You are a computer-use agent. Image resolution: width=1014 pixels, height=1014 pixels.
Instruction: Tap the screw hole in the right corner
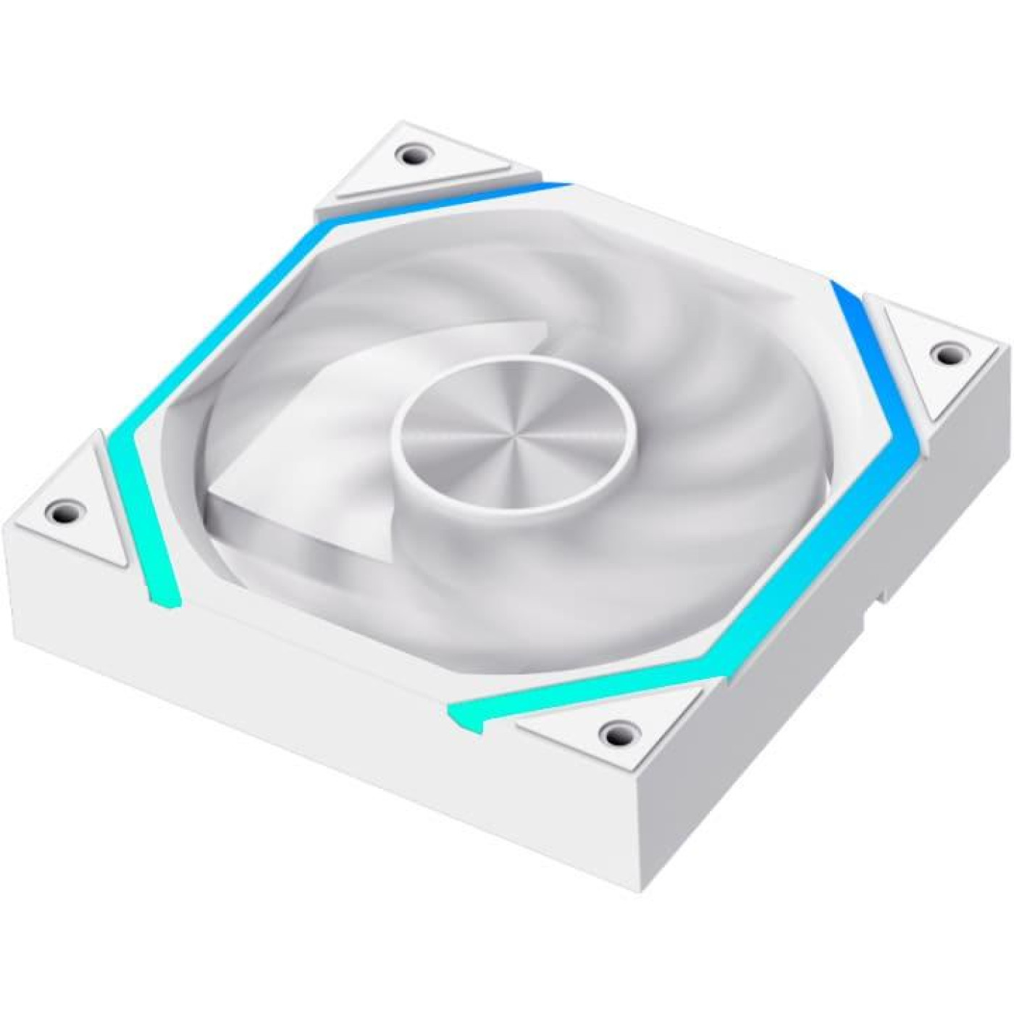pyautogui.click(x=946, y=353)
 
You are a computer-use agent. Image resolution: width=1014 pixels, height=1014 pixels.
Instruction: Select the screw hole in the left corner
pyautogui.click(x=61, y=507)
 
